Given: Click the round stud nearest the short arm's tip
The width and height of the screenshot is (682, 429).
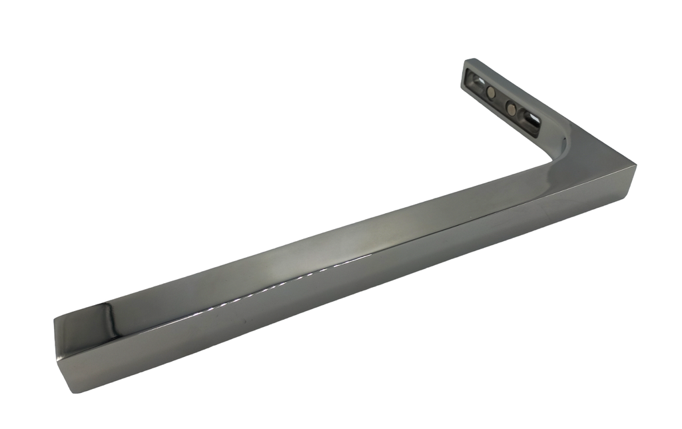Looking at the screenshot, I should (x=490, y=93).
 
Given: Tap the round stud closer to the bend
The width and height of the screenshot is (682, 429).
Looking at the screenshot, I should (x=511, y=108).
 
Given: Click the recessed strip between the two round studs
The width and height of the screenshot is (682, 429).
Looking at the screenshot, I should (x=501, y=101).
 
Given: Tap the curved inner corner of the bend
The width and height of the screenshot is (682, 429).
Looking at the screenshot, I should (x=552, y=156).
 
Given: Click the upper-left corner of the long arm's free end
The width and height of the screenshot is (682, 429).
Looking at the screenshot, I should (x=55, y=322).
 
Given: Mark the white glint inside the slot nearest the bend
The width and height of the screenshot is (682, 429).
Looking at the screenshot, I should (x=534, y=120).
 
